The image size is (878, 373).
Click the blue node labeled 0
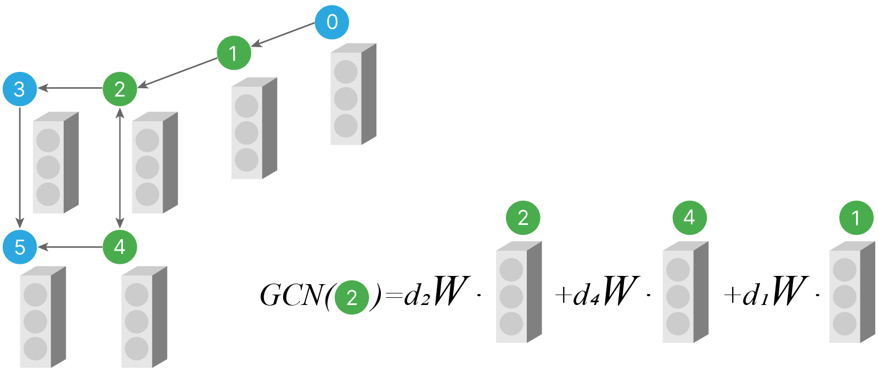332,22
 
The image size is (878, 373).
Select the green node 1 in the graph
234,53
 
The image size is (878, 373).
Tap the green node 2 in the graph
120,89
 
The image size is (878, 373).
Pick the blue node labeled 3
20,89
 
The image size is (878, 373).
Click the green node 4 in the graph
120,247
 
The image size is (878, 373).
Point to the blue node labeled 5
20,247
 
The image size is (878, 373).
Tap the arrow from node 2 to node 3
70,88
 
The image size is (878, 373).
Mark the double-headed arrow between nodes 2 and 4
120,168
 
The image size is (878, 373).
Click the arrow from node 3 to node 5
20,168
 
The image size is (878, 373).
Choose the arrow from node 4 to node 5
70,247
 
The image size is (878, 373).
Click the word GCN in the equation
291,296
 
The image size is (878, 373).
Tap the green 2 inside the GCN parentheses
352,297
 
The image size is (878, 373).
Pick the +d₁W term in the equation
766,293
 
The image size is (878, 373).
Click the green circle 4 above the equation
689,218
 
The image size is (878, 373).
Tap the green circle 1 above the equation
856,218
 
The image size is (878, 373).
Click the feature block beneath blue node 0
352,96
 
